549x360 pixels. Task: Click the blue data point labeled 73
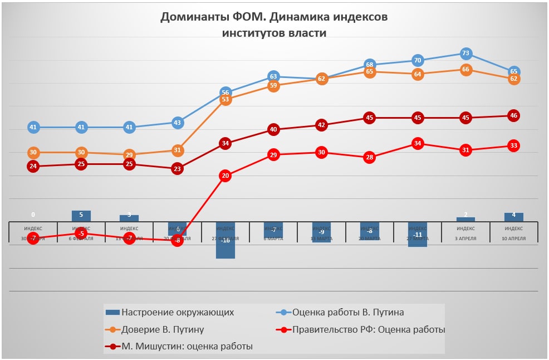pos(466,53)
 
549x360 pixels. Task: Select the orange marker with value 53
pos(225,100)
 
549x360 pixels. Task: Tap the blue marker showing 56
pos(225,93)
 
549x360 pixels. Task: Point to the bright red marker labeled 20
pos(225,176)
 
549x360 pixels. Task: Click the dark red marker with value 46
pos(514,116)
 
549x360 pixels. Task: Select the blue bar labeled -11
pos(418,237)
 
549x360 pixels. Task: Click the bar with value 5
pos(81,216)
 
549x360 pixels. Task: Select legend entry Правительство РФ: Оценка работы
pos(369,329)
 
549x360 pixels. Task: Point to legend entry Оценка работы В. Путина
pos(348,312)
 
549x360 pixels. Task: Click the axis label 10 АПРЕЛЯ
pos(513,238)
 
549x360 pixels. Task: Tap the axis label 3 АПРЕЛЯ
pos(465,238)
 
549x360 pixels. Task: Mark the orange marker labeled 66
pos(466,70)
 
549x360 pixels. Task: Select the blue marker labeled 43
pos(177,123)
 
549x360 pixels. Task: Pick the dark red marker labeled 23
pos(177,168)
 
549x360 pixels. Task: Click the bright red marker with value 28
pos(370,158)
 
